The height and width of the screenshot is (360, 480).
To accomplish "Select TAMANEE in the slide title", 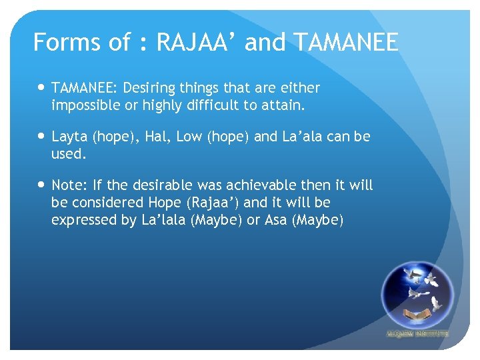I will [x=345, y=43].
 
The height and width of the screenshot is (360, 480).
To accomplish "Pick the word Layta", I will [x=69, y=137].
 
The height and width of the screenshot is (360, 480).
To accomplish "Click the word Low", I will [x=190, y=137].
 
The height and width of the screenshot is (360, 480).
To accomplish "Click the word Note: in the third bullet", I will [x=69, y=185].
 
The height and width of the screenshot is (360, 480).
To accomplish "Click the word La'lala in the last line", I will [x=163, y=220].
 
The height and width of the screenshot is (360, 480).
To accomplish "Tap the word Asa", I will [x=276, y=220].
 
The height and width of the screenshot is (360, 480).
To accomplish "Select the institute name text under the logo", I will [x=417, y=333].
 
